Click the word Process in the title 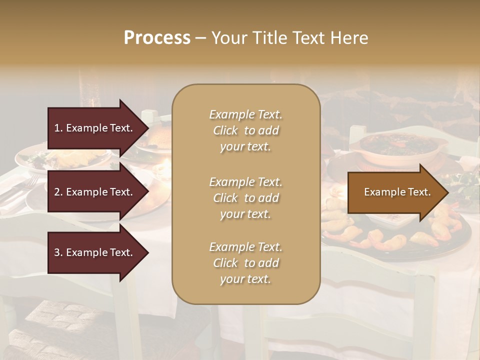click(157, 38)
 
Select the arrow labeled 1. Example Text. click(95, 128)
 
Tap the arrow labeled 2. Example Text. click(95, 192)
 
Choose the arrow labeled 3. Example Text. click(95, 252)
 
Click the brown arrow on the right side click(395, 192)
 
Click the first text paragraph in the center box click(245, 130)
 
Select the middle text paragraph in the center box click(245, 198)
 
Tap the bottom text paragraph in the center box click(245, 263)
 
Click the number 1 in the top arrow click(57, 128)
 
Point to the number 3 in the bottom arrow click(57, 252)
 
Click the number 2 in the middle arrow click(57, 192)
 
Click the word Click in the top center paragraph click(225, 130)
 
